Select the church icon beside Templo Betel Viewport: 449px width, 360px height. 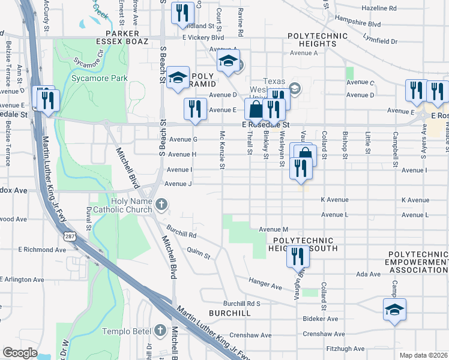point(160,331)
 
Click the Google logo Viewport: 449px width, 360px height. point(20,353)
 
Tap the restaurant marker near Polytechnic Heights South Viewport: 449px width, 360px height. point(298,256)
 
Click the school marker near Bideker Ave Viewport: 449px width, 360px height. point(394,310)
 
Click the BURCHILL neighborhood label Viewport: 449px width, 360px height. point(230,313)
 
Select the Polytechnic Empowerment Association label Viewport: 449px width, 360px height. point(418,263)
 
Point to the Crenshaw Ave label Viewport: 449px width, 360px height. point(324,334)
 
